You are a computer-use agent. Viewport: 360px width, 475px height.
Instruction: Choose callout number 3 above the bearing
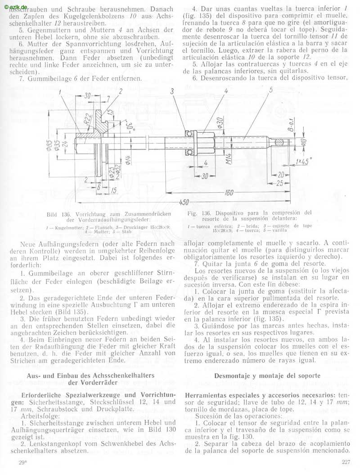[x=172, y=91]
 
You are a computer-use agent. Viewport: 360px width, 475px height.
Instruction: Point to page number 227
[x=346, y=461]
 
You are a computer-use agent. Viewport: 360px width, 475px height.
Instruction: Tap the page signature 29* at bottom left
[x=22, y=462]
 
